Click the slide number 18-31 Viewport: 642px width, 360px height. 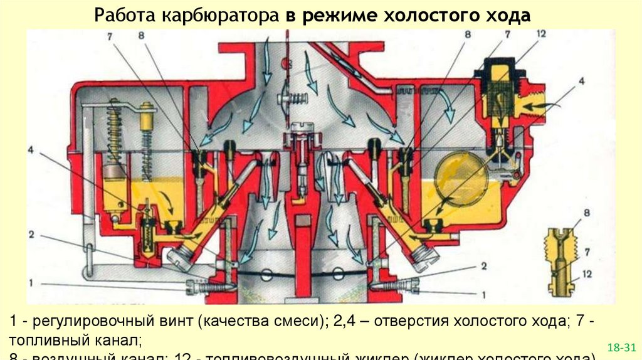(x=621, y=346)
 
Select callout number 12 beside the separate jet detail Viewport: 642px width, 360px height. (x=586, y=273)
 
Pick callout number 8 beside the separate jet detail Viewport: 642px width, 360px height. (x=586, y=213)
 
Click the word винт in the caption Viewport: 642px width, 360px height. (x=177, y=320)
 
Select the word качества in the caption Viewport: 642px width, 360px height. (x=236, y=320)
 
